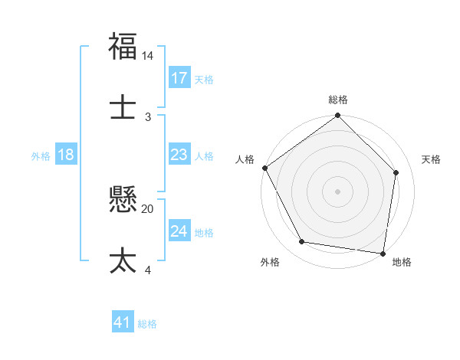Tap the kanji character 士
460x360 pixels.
(123, 106)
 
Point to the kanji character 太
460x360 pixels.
(123, 260)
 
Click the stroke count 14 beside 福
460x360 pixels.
(148, 57)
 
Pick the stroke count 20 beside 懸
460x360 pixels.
(148, 208)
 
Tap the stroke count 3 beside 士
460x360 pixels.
(148, 116)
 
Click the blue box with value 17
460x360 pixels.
(179, 78)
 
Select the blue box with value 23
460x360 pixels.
(179, 155)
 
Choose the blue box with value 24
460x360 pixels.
(179, 231)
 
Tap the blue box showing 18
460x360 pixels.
(66, 155)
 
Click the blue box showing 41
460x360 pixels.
(123, 322)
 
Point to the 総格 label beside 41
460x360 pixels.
(147, 324)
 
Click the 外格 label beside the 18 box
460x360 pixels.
(41, 155)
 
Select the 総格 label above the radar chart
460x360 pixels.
(338, 100)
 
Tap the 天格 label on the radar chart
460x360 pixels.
(432, 159)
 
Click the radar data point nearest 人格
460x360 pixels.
(265, 168)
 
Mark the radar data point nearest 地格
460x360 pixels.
(383, 253)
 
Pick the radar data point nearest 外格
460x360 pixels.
(302, 242)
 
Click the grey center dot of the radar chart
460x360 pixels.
(338, 191)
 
